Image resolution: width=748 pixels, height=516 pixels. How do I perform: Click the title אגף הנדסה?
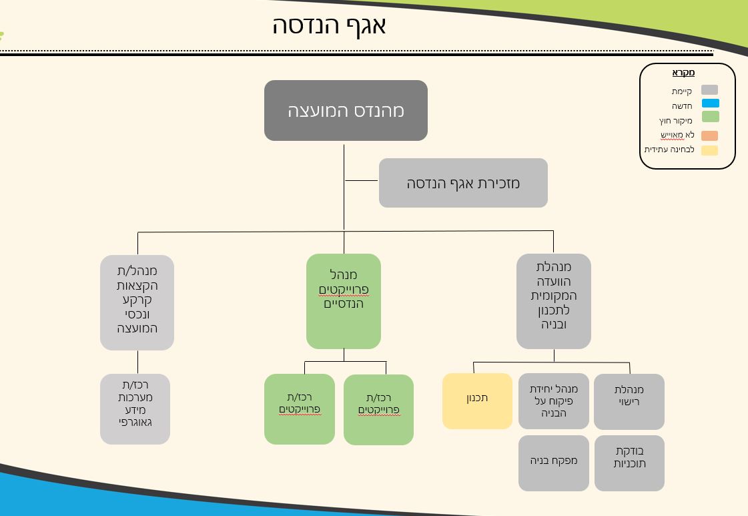coord(329,25)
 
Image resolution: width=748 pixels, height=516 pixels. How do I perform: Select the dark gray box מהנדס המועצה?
coord(346,111)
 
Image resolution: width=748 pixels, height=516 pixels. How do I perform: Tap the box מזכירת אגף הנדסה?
coord(463,183)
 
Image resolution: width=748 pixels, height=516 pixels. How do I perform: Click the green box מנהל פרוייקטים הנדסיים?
coord(344,301)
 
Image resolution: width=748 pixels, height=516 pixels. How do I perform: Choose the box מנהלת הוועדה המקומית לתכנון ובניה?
coord(553,301)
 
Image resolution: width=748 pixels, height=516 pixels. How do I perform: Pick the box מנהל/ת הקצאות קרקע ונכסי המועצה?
coord(137,302)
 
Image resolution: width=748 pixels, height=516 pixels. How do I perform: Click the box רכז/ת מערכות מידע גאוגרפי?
coord(135,409)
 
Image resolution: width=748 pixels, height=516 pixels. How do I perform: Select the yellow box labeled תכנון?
coord(477,401)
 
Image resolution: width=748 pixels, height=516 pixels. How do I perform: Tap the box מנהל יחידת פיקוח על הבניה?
coord(553,401)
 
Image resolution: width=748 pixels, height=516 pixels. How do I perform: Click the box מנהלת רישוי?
coord(629,401)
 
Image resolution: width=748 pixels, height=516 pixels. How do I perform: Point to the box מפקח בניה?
coord(553,463)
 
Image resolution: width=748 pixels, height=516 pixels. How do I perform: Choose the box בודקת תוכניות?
coord(629,463)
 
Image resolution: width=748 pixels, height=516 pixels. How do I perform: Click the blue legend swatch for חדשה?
coord(710,103)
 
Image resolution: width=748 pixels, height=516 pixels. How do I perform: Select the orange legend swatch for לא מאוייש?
coord(710,136)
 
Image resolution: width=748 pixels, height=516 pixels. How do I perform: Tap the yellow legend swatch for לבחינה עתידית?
coord(710,150)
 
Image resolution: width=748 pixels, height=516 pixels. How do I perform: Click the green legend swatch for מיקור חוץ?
coord(710,117)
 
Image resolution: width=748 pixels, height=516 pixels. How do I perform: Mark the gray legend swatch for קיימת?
coord(710,90)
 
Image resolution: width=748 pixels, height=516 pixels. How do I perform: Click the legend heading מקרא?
coord(683,73)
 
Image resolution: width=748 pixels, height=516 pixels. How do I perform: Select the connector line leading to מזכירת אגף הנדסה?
coord(362,180)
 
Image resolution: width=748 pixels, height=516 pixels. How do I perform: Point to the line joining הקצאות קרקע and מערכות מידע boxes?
coord(138,362)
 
